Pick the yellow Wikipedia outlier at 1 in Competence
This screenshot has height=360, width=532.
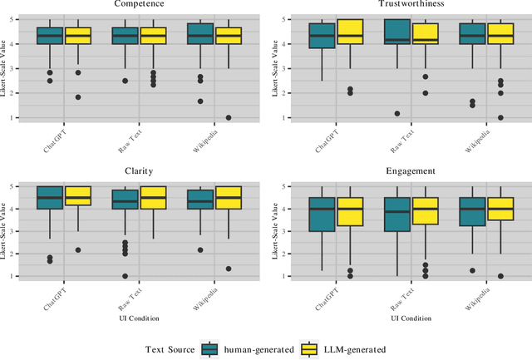coord(229,117)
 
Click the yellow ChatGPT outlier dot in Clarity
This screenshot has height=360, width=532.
coord(78,250)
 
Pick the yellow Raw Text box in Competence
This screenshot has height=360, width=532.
coord(153,35)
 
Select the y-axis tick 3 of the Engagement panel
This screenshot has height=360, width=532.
coord(283,231)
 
